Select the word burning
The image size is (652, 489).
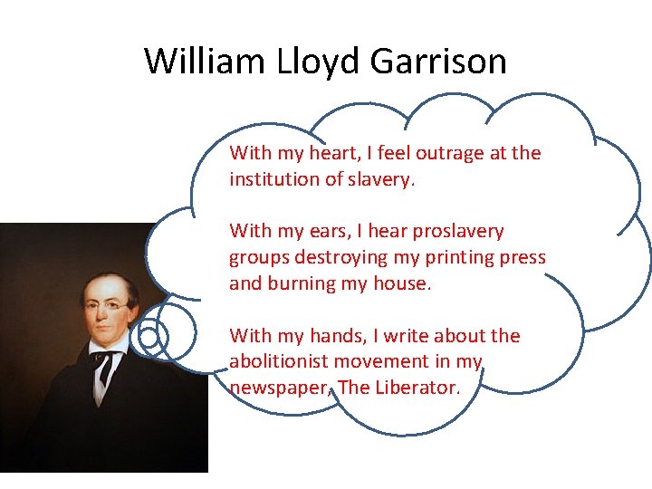pos(305,283)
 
